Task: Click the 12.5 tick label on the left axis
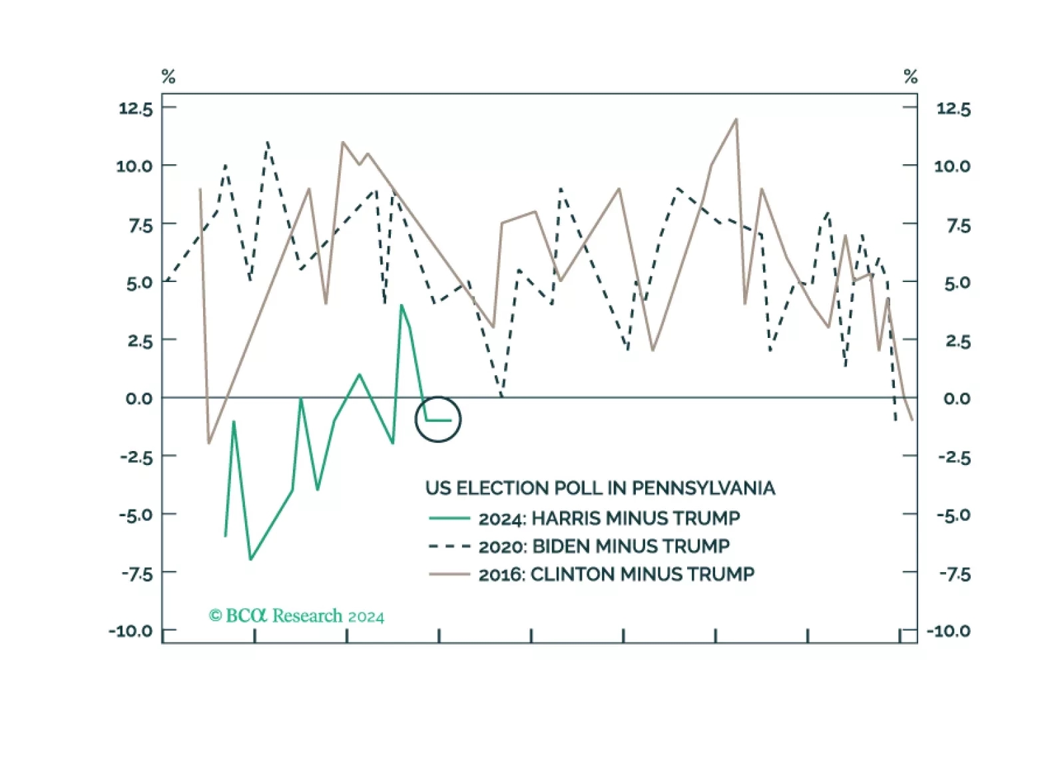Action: (136, 108)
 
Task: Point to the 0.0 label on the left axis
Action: (139, 398)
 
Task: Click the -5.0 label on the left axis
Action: (136, 515)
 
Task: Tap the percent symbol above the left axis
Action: (168, 77)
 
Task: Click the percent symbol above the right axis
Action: (911, 77)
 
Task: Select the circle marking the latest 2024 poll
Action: (438, 420)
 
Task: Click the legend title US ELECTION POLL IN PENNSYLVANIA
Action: (600, 488)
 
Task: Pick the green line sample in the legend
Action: (449, 518)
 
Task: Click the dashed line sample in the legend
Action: (449, 547)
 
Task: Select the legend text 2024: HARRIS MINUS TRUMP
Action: (609, 518)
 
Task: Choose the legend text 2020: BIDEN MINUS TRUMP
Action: (604, 547)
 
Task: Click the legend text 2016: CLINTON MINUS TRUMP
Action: (617, 575)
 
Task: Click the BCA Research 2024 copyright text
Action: (297, 616)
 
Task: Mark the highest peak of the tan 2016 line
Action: (736, 120)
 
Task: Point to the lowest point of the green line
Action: (250, 559)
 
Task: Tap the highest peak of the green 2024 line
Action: (401, 305)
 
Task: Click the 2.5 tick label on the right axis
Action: (958, 341)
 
